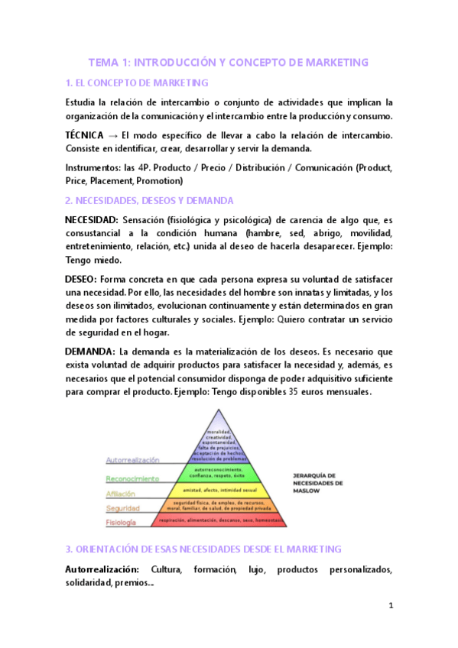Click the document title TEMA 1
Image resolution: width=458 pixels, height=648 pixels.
click(x=229, y=62)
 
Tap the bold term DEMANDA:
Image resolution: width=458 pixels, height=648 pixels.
click(x=89, y=352)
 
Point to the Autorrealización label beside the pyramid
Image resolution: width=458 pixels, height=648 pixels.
click(x=132, y=460)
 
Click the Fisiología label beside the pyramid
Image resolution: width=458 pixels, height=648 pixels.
click(x=121, y=523)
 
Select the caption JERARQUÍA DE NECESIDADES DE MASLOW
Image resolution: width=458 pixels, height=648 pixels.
click(x=318, y=483)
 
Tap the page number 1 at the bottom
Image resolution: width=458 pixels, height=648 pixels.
click(x=390, y=606)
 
